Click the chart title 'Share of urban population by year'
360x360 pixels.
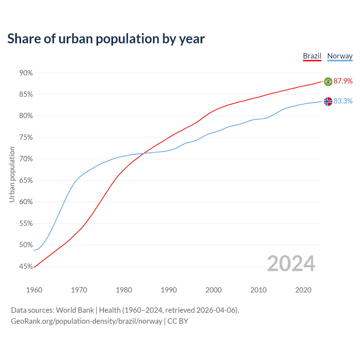[106, 39]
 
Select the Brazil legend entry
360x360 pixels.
[312, 56]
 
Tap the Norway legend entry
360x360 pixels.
[340, 56]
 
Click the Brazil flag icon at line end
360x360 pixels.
[328, 82]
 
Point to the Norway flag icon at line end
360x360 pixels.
[328, 101]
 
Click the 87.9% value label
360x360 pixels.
[343, 81]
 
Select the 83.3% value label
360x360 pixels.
[343, 101]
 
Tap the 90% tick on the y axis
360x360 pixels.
[26, 73]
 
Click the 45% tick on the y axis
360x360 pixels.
[26, 266]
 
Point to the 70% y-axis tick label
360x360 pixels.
[26, 159]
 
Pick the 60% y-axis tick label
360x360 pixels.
[26, 202]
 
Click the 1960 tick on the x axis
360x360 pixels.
[34, 290]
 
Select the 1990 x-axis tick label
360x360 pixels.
[169, 290]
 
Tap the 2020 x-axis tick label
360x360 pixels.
[303, 290]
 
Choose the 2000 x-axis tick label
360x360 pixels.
[213, 290]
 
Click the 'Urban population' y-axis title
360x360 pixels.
[12, 174]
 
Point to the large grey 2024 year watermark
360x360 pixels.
[291, 264]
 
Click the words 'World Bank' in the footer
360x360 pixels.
[75, 310]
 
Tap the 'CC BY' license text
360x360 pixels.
[178, 321]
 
